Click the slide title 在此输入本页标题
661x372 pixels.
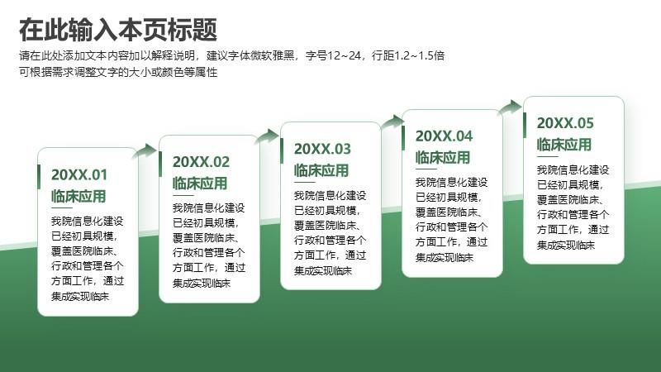[118, 30]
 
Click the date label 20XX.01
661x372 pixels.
[79, 174]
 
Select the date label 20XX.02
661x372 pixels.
[201, 161]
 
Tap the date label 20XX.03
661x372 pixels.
[322, 149]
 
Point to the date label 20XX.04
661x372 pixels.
[444, 136]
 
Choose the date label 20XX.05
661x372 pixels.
[565, 122]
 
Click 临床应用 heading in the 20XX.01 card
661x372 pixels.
[78, 196]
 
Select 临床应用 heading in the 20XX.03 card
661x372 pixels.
[321, 170]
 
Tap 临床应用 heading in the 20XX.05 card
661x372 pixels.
[564, 145]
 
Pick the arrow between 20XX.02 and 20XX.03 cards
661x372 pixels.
[267, 136]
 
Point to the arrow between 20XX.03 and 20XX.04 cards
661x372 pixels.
[392, 122]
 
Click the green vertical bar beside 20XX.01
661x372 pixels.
[39, 177]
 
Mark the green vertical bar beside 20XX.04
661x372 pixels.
[403, 138]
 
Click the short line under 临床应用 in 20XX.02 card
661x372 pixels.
[183, 195]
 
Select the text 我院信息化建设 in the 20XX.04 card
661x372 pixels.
[451, 182]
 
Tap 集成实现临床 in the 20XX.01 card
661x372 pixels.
[80, 296]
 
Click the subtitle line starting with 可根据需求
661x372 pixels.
[118, 72]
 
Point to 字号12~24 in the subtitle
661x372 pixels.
[333, 55]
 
